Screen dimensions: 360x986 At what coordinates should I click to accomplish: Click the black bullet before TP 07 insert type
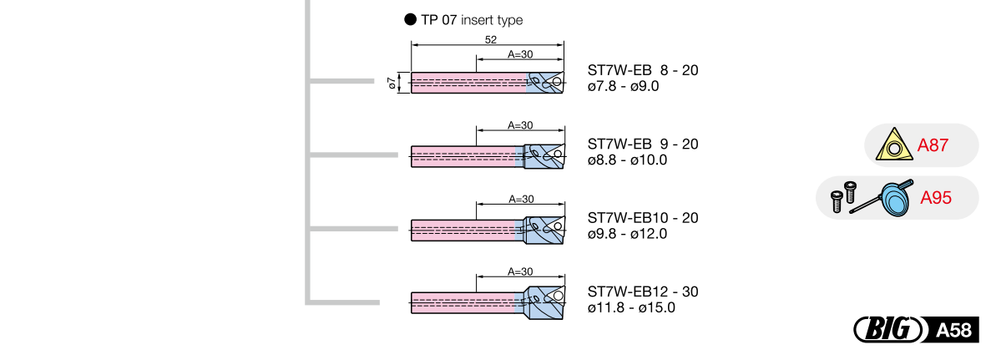(x=410, y=20)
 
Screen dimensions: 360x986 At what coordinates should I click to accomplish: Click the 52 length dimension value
(x=490, y=39)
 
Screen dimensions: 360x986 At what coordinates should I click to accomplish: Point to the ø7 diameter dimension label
(x=392, y=83)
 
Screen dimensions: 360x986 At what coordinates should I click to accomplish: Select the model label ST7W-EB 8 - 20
(x=643, y=70)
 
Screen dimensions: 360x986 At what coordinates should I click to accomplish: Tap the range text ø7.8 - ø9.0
(x=624, y=86)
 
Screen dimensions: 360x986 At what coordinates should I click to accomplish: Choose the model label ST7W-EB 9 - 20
(x=643, y=144)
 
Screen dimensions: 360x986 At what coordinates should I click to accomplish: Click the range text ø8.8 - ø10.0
(x=627, y=160)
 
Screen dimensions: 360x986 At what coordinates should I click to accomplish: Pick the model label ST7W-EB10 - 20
(x=643, y=217)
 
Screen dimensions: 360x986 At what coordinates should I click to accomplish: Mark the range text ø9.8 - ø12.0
(x=627, y=233)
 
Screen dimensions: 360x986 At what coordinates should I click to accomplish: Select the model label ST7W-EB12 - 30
(x=643, y=292)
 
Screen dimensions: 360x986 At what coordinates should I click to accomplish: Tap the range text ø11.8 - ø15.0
(x=631, y=307)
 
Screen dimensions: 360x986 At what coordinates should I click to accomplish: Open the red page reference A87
(x=933, y=146)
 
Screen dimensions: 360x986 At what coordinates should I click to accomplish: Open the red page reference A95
(x=936, y=199)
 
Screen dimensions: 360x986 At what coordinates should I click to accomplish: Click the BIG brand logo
(x=887, y=330)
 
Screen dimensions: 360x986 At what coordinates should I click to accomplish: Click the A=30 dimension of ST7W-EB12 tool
(x=520, y=272)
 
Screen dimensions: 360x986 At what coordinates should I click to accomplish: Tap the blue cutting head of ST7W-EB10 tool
(x=543, y=227)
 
